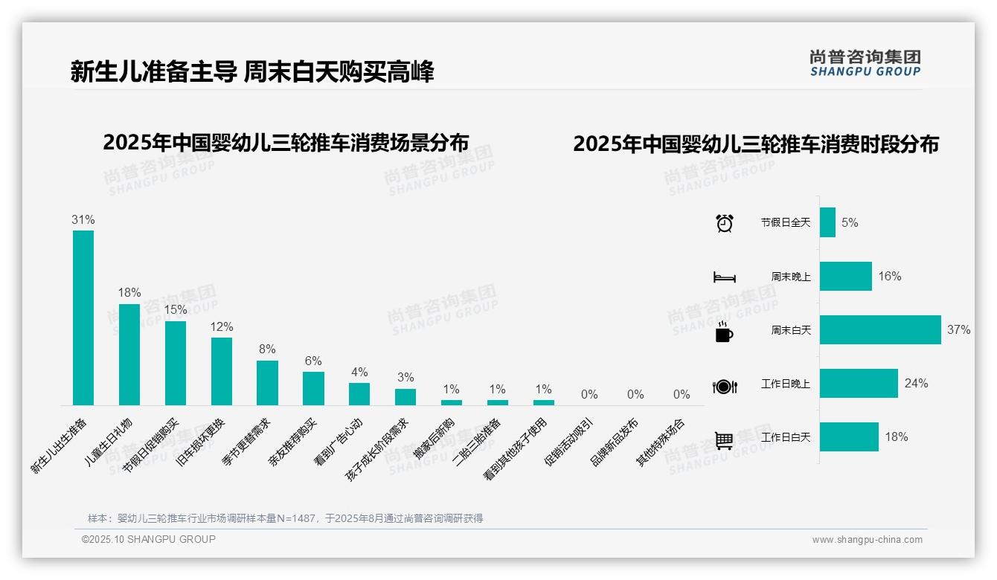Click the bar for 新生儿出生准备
point(83,318)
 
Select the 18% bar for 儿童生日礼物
point(129,354)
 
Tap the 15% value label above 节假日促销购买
point(176,309)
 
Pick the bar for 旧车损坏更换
point(222,371)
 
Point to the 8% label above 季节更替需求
point(268,349)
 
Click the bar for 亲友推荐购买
point(313,388)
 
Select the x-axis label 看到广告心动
point(339,441)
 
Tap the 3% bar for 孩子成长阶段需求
point(405,396)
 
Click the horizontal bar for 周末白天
point(880,330)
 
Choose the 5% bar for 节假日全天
point(827,222)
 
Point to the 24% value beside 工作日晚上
point(916,384)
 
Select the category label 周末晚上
point(790,277)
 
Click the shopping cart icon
point(724,440)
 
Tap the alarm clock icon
point(724,223)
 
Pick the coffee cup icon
point(724,332)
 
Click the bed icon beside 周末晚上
point(724,277)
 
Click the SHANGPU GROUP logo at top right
point(865,62)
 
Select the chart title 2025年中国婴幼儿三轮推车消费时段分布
point(755,144)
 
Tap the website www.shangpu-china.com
point(867,540)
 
